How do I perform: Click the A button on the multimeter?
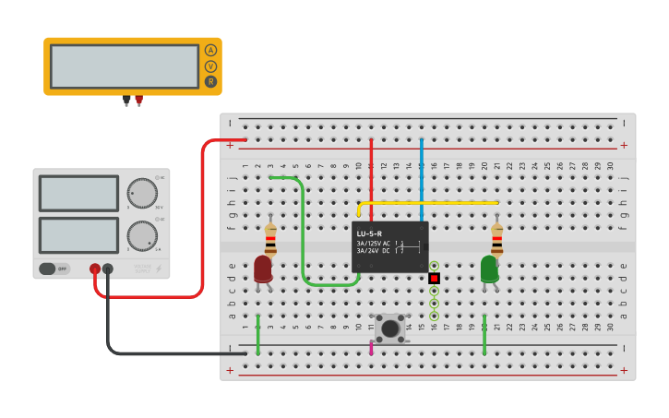(210, 51)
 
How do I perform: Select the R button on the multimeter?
(210, 82)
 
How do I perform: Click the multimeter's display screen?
(125, 66)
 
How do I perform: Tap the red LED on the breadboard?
(263, 269)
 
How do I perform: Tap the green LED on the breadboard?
(489, 269)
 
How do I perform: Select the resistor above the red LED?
(270, 241)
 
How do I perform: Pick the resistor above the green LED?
(497, 241)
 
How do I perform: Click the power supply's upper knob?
(142, 194)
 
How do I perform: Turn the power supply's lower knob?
(142, 235)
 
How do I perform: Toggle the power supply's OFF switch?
(54, 269)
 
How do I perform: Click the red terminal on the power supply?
(95, 269)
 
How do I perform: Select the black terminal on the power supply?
(108, 269)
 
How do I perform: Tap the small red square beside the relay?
(434, 277)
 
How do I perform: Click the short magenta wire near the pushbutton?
(372, 347)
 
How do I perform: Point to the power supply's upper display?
(78, 194)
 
